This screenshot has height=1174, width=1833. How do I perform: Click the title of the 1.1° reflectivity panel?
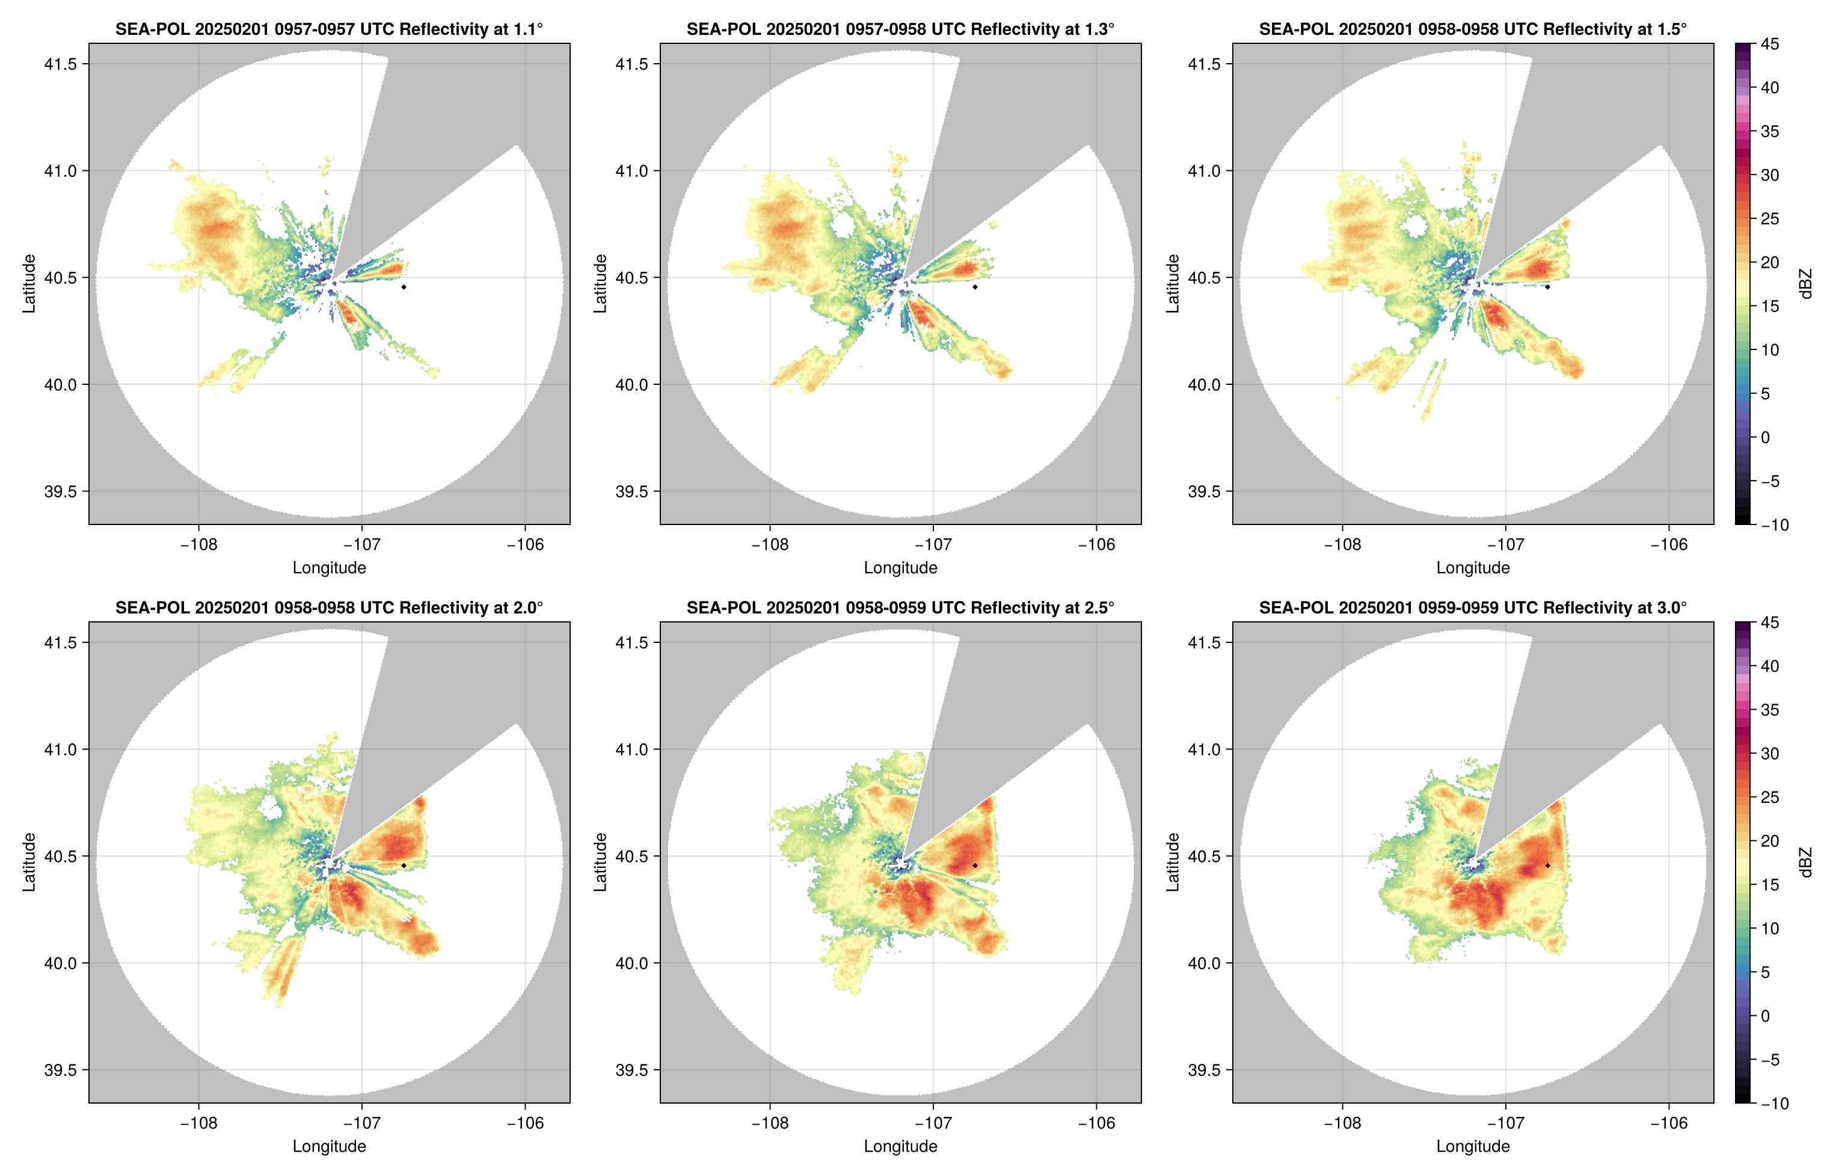coord(329,29)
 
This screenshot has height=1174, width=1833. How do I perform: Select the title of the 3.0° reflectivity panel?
coord(1473,607)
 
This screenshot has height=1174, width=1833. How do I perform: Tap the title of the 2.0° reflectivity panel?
coord(329,607)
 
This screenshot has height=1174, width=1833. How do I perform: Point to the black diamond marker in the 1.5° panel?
coord(1547,287)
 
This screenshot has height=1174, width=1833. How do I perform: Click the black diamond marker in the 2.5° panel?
coord(975,865)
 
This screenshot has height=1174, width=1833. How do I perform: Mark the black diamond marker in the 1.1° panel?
coord(403,287)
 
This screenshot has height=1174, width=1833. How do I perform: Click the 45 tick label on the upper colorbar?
coord(1770,45)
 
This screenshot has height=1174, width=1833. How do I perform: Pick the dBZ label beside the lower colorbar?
coord(1805,862)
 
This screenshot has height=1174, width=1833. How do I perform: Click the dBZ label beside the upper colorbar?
coord(1805,284)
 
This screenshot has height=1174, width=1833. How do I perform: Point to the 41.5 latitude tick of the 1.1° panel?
coord(61,64)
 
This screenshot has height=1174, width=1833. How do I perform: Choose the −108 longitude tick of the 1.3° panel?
coord(769,544)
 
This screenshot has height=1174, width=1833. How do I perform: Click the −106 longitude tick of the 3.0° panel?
coord(1668,1123)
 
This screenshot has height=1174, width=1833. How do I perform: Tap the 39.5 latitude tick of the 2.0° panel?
coord(61,1069)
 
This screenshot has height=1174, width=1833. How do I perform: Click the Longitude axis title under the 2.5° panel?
coord(900,1146)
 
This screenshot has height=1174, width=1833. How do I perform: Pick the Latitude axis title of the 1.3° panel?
coord(601,284)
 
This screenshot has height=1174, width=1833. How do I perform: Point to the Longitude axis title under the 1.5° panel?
coord(1473,567)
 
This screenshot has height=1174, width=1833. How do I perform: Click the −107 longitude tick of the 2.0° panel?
coord(361,1123)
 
